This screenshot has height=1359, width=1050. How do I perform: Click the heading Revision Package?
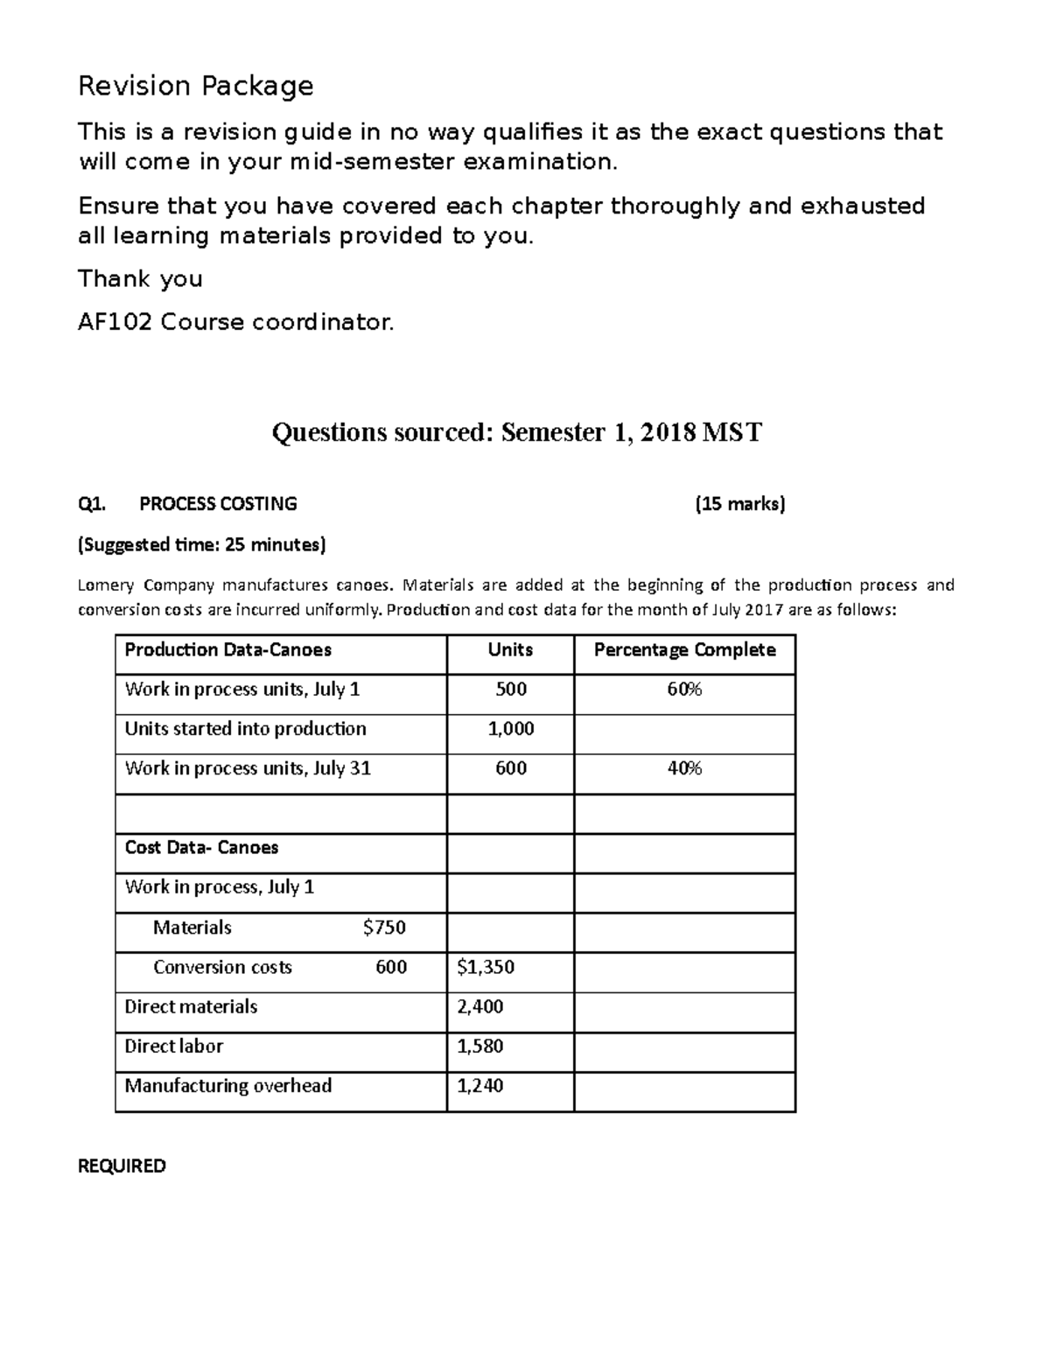click(195, 86)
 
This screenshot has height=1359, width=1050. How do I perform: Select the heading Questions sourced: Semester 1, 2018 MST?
click(516, 432)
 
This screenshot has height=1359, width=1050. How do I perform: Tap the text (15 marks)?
click(740, 504)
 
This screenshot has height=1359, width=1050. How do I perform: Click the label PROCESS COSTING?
click(218, 504)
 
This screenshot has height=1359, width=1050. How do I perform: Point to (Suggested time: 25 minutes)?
click(201, 545)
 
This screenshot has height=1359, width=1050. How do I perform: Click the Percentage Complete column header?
click(684, 650)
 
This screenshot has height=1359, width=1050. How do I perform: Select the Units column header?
click(510, 650)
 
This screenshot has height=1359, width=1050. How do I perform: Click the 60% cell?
click(684, 690)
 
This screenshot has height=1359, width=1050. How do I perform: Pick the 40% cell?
click(684, 768)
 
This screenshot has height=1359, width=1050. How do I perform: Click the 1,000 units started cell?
click(510, 729)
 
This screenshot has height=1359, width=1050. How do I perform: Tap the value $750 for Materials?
click(384, 928)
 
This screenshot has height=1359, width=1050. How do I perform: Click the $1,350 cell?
click(486, 967)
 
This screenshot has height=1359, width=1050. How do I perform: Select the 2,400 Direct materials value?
click(480, 1006)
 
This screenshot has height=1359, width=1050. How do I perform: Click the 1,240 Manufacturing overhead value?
click(480, 1086)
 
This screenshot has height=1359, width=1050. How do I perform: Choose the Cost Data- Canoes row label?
click(201, 848)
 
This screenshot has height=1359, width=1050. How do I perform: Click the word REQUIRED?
click(122, 1166)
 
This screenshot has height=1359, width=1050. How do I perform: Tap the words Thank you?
click(140, 279)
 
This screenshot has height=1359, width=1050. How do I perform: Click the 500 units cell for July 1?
click(510, 690)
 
